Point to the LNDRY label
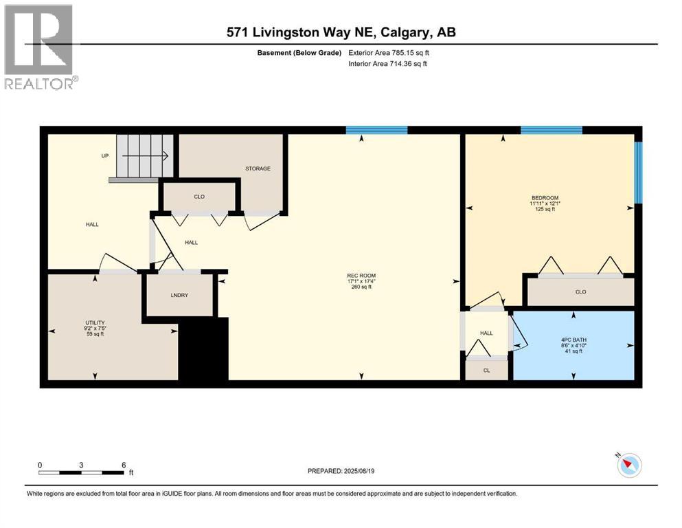click(179, 295)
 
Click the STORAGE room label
click(258, 168)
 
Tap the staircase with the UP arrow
click(144, 156)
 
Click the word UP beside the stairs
click(105, 156)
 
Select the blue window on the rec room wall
click(376, 129)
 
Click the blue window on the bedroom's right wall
click(638, 173)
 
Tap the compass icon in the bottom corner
click(628, 465)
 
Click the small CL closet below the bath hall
click(486, 370)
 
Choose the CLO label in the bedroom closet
click(580, 291)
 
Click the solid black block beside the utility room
click(204, 349)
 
